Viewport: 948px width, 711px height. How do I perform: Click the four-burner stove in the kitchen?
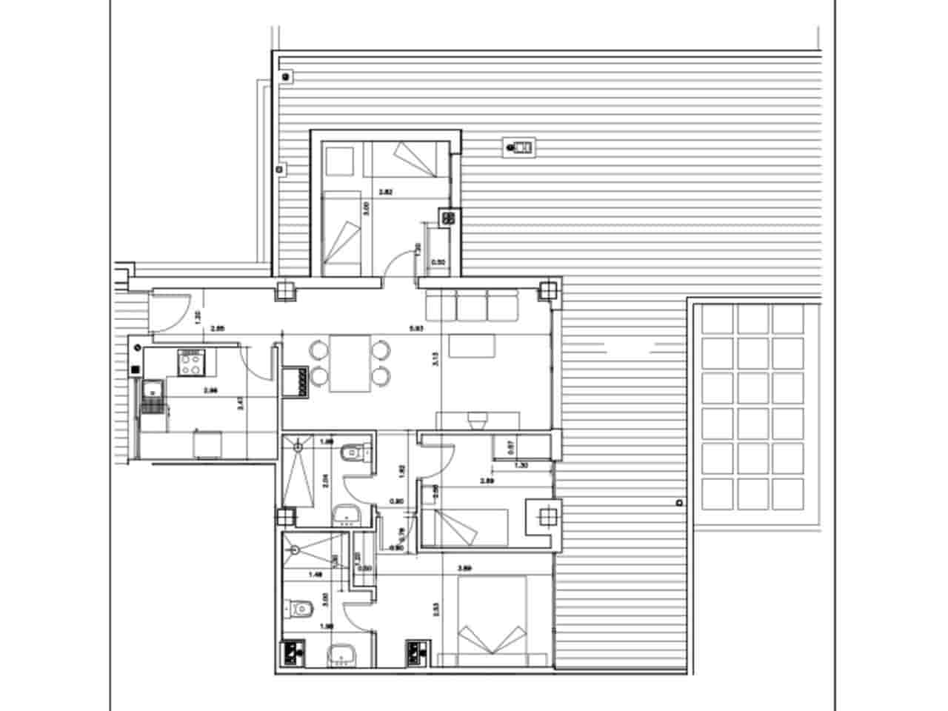190,363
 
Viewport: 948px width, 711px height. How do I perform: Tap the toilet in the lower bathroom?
300,609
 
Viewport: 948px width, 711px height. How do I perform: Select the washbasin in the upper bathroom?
344,514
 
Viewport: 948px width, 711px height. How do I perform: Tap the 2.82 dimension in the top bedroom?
385,193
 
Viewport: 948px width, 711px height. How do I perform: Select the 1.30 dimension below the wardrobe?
521,465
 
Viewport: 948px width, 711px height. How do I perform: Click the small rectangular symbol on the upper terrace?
520,147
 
